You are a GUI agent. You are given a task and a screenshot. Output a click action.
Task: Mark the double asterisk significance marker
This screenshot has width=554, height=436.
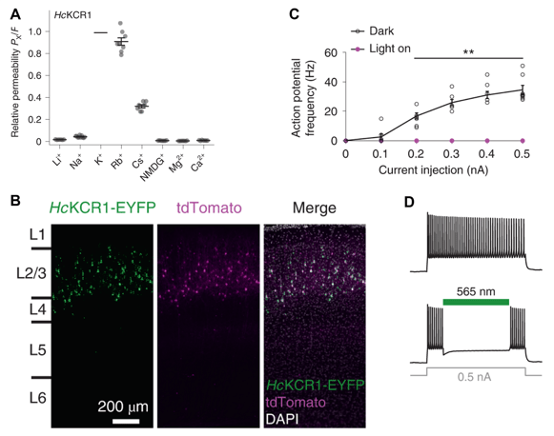point(469,51)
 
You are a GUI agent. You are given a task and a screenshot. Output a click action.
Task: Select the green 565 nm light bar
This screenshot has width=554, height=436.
point(476,302)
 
